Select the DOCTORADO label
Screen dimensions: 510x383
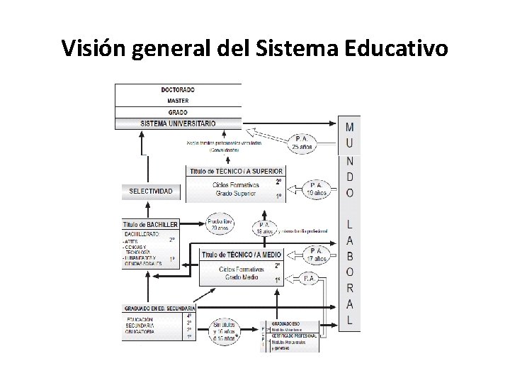click(178, 90)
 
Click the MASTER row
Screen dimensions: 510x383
click(178, 101)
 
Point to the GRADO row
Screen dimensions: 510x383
click(178, 112)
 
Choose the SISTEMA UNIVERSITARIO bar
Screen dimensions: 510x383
click(178, 123)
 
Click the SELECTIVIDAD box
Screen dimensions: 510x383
click(151, 191)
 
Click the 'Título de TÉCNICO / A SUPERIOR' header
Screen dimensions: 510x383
click(236, 171)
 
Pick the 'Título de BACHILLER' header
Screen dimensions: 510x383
click(150, 224)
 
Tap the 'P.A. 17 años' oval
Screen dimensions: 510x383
click(315, 254)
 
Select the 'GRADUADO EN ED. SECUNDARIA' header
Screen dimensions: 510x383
click(159, 309)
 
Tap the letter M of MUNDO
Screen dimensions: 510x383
click(349, 128)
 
